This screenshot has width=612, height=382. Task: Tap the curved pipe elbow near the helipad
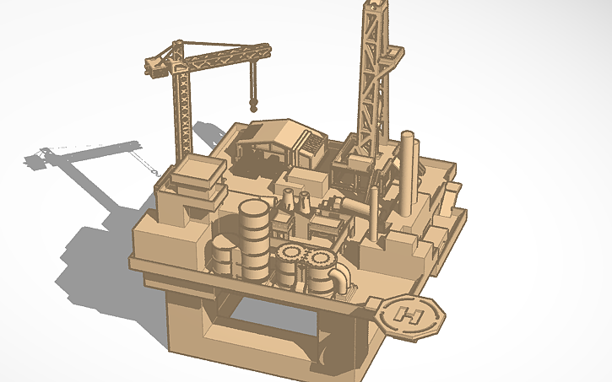coord(343,282)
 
